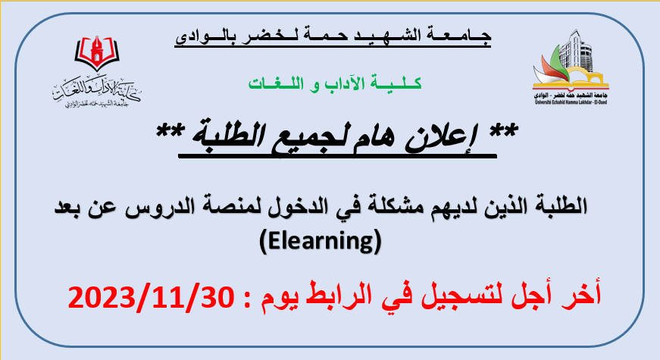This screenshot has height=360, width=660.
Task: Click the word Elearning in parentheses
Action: [x=321, y=241]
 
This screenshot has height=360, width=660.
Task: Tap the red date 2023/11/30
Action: [x=151, y=296]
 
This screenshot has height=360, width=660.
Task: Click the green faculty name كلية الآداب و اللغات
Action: [x=335, y=83]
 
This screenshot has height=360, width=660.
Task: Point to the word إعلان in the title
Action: [x=442, y=137]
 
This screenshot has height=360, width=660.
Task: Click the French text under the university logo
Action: [x=571, y=102]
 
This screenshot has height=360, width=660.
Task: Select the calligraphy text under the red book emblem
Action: [x=96, y=92]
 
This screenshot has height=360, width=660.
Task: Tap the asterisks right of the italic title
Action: [x=503, y=130]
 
